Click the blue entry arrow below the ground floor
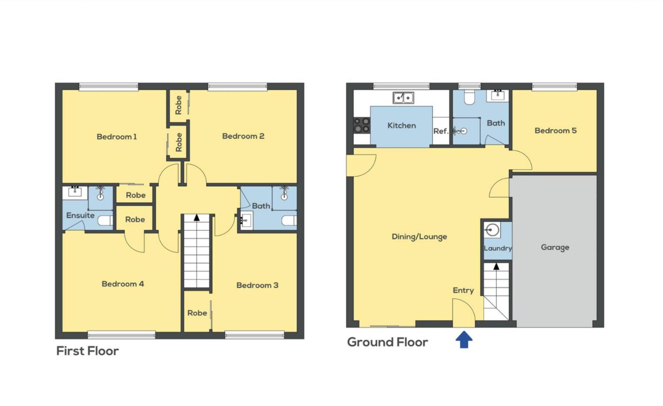tap(464, 339)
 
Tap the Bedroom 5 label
tap(556, 131)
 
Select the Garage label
tap(555, 247)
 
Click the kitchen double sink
tap(403, 98)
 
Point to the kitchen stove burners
tap(362, 125)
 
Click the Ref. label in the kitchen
tap(441, 131)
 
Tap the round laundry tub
tap(492, 230)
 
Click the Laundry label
tap(498, 248)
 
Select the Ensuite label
tap(80, 215)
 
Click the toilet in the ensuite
tap(105, 221)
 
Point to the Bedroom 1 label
tap(117, 137)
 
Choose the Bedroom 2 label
tap(243, 136)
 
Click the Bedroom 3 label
tap(257, 285)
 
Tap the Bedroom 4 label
tap(123, 284)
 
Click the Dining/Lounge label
tap(419, 237)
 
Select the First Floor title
tap(88, 351)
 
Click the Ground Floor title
tap(387, 342)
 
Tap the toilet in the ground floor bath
tap(469, 98)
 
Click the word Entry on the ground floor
tap(463, 290)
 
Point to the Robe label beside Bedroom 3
tap(197, 313)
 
